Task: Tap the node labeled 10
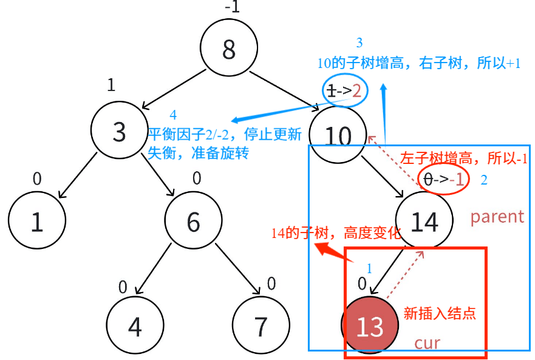[338, 135]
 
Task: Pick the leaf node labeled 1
[37, 222]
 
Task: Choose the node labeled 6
[193, 222]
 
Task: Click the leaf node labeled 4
[135, 326]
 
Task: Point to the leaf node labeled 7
[261, 326]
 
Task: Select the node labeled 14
[424, 222]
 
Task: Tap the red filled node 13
[370, 326]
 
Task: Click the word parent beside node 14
[497, 217]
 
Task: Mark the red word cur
[427, 342]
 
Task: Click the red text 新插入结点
[440, 313]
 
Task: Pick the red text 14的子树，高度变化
[336, 233]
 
